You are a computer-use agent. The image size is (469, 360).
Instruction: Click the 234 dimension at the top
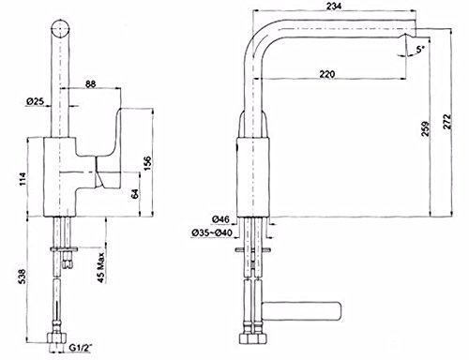[334, 6]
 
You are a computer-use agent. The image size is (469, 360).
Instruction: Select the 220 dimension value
[327, 74]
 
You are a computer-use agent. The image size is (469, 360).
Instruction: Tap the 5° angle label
[421, 49]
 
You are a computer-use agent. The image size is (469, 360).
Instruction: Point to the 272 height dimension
[447, 122]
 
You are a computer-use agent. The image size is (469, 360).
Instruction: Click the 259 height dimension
[426, 128]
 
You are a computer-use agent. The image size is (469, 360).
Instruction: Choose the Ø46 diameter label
[220, 219]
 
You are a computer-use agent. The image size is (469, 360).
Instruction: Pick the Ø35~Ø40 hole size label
[211, 232]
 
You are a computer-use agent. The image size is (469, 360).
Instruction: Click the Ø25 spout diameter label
[35, 101]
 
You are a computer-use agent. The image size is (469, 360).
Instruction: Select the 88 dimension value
[90, 84]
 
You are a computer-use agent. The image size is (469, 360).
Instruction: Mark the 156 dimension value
[147, 162]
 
